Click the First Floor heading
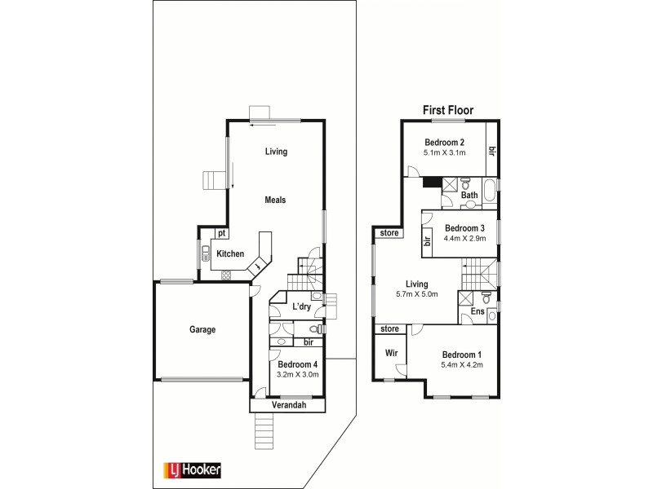click(x=447, y=110)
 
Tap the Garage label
click(x=202, y=330)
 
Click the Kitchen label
click(x=230, y=254)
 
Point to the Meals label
click(x=273, y=200)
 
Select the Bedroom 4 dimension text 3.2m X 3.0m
click(x=297, y=375)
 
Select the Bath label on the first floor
click(x=469, y=196)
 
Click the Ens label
click(x=478, y=311)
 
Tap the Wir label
click(x=391, y=354)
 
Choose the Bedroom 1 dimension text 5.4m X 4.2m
click(x=462, y=365)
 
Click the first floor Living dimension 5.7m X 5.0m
click(x=417, y=294)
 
